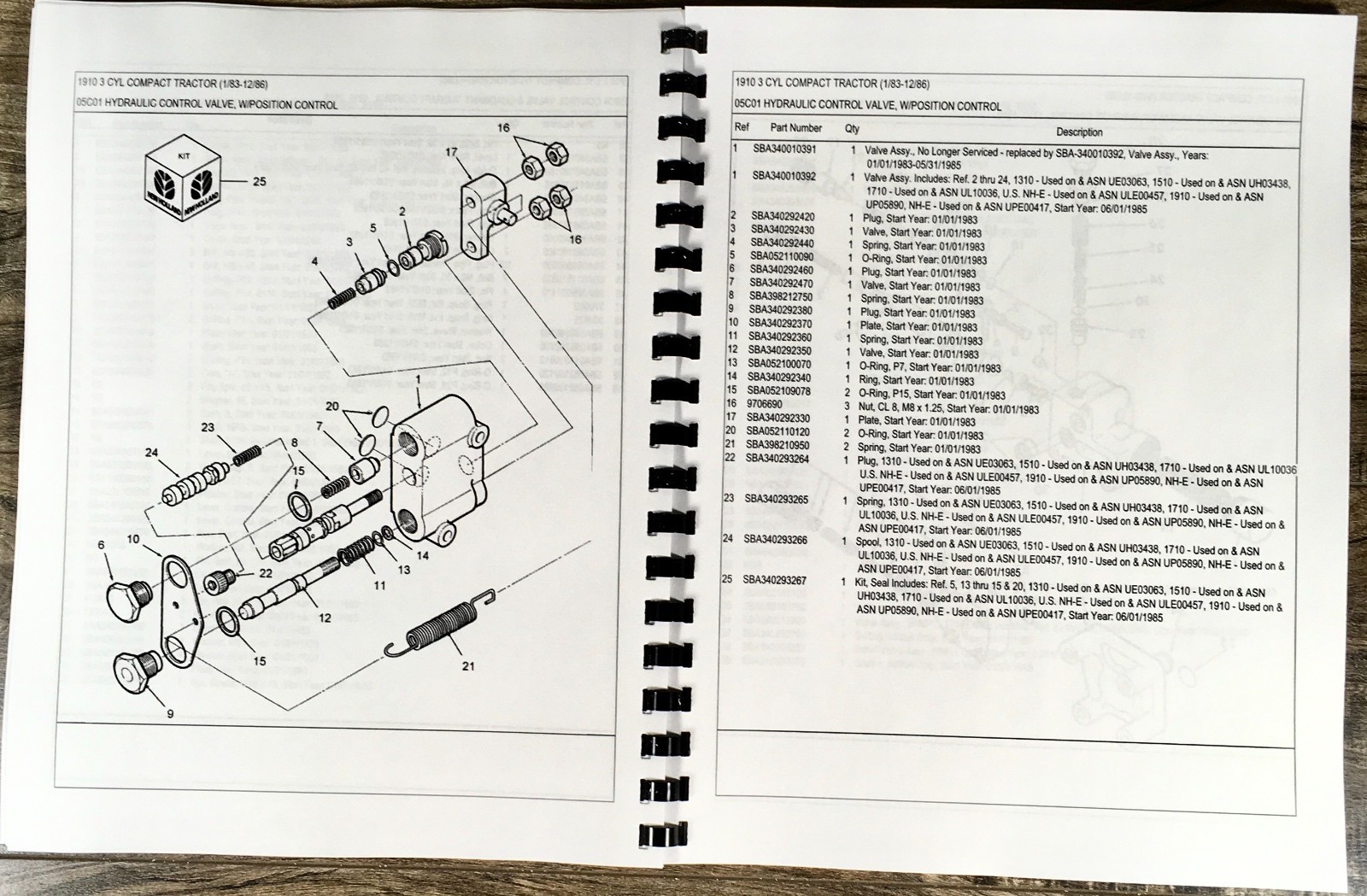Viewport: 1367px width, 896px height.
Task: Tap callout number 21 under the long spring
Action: pos(467,665)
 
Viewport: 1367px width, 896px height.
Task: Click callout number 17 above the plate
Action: pos(451,152)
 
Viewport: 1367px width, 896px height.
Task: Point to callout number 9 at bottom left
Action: pos(170,713)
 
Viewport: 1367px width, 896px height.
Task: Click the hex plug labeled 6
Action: pos(127,594)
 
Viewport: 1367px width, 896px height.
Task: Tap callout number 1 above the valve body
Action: pos(418,378)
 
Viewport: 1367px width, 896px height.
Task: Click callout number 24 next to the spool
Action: pos(152,453)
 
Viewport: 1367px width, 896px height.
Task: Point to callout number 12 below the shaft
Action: pos(325,618)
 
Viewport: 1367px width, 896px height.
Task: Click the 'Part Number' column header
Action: pos(795,128)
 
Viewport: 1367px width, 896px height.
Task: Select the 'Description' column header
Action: pos(1079,132)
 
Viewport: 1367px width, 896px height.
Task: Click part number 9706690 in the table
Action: pos(765,404)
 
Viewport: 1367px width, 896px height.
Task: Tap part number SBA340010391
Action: pos(783,149)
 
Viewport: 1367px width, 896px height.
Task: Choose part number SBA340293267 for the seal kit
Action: pos(775,580)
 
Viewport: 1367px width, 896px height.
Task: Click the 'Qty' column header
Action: pos(852,129)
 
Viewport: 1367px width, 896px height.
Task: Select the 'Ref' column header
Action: pos(742,127)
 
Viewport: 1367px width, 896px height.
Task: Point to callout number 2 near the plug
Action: pos(402,211)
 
